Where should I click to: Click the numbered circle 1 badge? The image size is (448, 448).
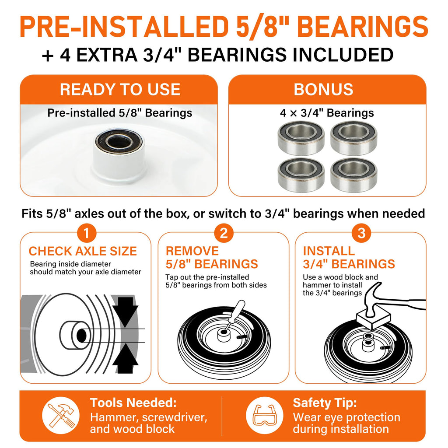87,233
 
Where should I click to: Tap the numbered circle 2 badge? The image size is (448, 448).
224,233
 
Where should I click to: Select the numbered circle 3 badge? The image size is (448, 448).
361,233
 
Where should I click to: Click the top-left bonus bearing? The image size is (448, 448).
301,138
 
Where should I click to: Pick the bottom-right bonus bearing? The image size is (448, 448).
353,174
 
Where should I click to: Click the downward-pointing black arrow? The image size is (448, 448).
125,311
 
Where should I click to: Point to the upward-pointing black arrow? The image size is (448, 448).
125,358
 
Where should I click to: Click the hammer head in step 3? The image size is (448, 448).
373,300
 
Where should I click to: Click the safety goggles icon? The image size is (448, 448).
265,415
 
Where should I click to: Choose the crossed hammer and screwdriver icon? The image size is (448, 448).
61,415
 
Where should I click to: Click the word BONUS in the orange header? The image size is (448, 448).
323,89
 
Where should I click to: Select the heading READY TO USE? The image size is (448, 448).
120,89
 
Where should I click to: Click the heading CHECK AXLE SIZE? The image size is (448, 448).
83,251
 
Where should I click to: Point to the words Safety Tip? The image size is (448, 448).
325,403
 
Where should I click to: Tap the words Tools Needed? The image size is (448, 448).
133,402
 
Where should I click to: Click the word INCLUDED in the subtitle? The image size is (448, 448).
343,55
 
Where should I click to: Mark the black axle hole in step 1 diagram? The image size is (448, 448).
81,336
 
